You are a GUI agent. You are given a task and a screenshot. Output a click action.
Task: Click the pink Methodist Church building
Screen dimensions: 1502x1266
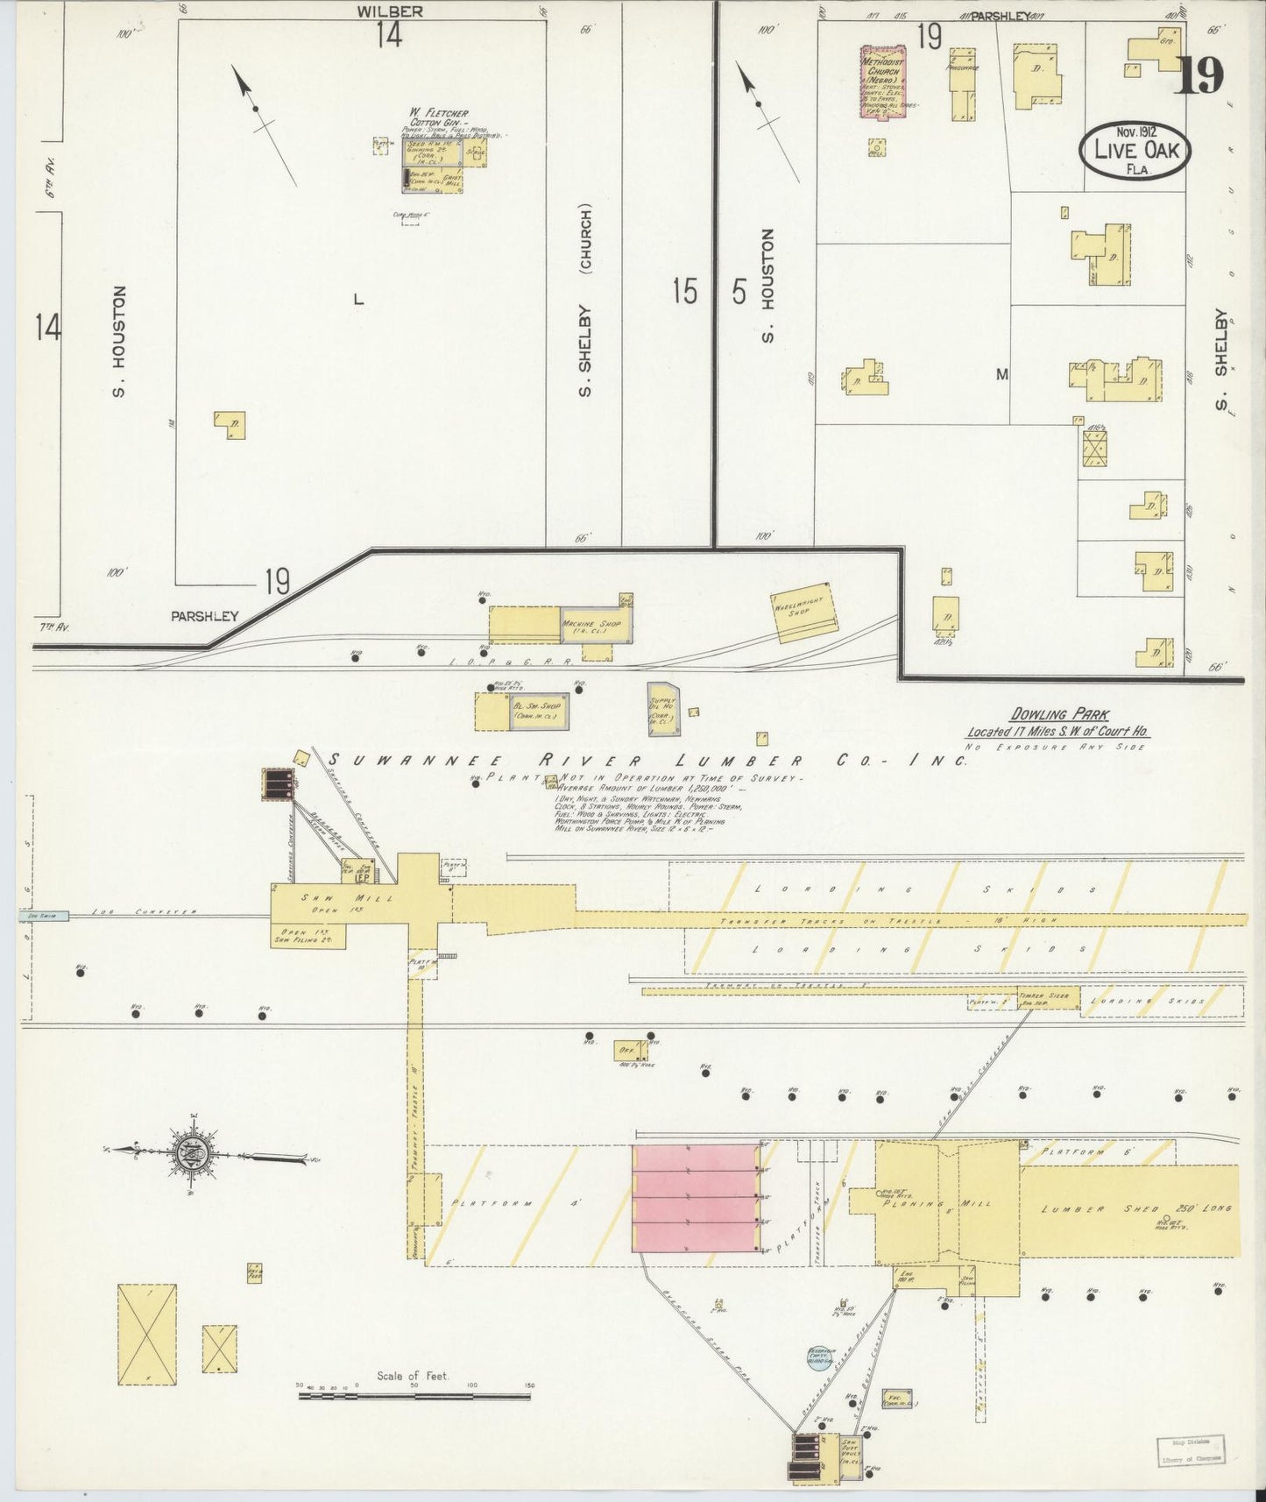(883, 81)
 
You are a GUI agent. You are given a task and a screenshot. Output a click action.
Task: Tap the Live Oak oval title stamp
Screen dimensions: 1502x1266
(1135, 150)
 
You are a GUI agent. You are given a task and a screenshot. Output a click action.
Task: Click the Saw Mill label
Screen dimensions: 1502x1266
(323, 898)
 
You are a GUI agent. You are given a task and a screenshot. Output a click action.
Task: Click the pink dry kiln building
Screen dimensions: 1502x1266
(696, 1197)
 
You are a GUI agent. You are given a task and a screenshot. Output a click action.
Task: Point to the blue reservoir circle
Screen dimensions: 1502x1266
(818, 1358)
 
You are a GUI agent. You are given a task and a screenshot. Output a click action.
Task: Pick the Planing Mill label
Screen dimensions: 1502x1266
(937, 1203)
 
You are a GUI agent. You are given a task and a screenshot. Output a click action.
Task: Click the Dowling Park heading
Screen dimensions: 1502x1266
(1058, 715)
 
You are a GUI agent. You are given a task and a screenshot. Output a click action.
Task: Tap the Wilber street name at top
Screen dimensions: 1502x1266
(390, 11)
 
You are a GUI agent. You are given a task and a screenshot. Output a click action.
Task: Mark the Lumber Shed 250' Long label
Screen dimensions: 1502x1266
(1135, 1208)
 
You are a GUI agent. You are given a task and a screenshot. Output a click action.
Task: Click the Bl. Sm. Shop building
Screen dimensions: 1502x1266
(537, 711)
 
